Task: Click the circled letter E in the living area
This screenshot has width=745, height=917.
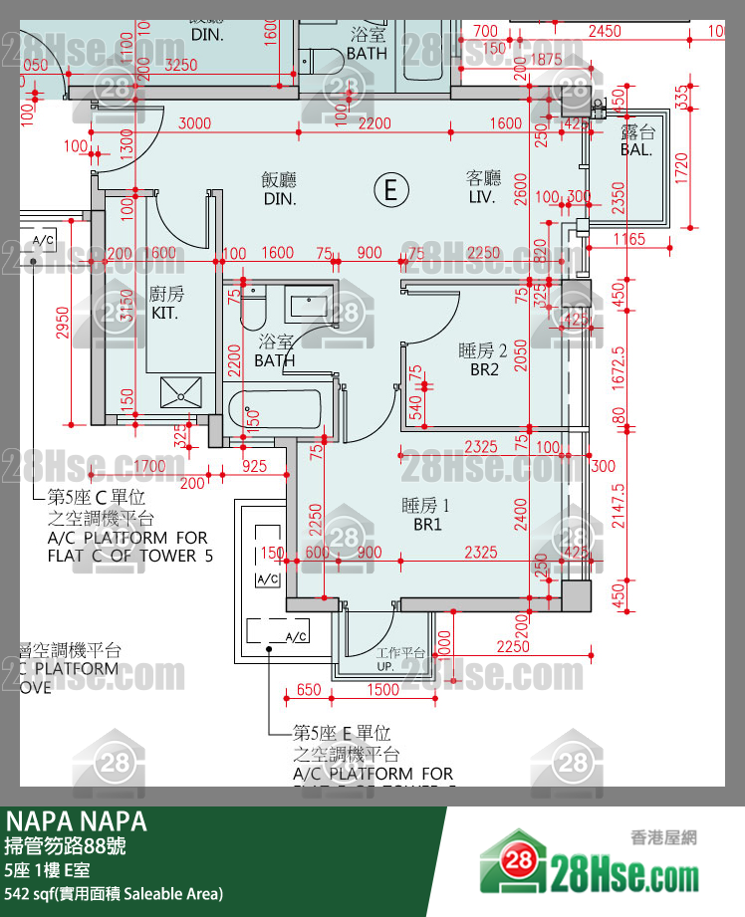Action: [x=390, y=188]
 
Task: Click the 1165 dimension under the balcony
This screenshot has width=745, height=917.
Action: [x=629, y=239]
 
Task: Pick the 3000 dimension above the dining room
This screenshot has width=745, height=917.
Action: [x=194, y=123]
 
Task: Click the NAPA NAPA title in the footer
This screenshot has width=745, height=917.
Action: [x=77, y=821]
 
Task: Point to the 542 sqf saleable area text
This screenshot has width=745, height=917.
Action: [x=115, y=893]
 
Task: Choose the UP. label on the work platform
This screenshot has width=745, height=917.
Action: [x=384, y=666]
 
